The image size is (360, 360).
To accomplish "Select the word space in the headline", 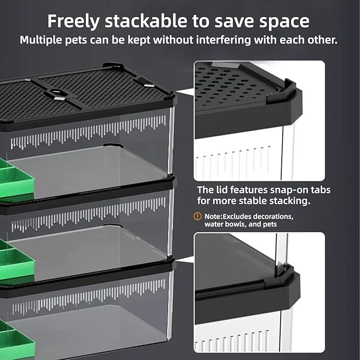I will pos(287,21).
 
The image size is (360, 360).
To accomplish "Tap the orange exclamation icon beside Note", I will pos(198,216).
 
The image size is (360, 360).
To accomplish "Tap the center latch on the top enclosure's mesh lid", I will pos(57,94).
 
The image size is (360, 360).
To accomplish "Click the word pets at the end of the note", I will pos(269,225).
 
